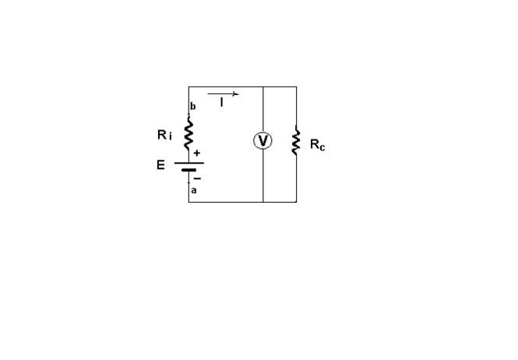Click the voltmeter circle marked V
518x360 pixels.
point(263,140)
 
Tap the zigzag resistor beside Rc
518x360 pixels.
point(296,142)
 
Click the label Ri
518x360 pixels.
point(164,135)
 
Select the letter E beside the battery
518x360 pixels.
point(160,165)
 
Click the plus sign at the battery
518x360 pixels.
point(197,154)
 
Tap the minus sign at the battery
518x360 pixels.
point(197,178)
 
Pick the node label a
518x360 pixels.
point(194,190)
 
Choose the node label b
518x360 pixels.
point(193,106)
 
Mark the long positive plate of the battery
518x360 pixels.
point(189,164)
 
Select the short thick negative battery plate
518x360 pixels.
point(189,171)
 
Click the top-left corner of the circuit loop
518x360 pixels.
point(189,86)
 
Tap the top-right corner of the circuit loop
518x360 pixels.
point(296,86)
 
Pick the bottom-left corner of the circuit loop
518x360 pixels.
point(189,202)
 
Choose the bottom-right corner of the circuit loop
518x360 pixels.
point(296,202)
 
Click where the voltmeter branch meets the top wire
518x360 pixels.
point(263,86)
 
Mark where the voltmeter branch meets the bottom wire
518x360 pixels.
point(263,202)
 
